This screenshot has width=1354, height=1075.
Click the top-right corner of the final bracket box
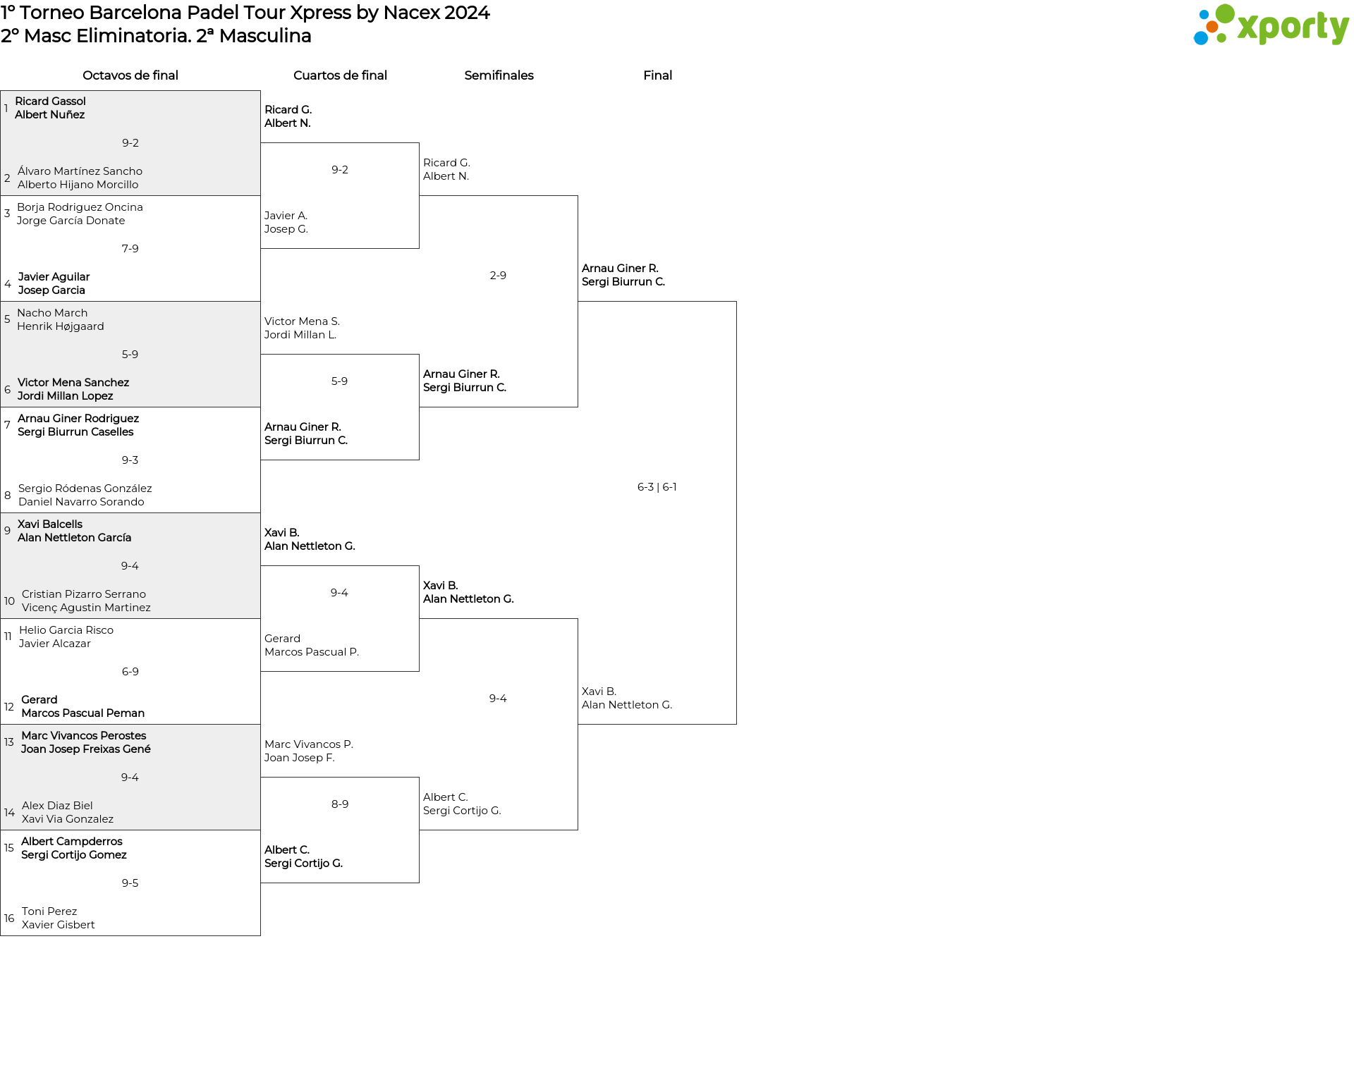736,302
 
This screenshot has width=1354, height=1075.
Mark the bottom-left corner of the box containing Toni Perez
1,935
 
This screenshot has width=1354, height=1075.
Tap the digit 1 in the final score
674,487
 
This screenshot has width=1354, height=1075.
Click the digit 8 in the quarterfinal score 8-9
334,804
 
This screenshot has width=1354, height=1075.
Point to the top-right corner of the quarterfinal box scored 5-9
419,355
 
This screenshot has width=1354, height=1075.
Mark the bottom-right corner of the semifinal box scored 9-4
578,830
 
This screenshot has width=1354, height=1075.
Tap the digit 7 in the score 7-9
125,249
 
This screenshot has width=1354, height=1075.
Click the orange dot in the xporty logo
1212,27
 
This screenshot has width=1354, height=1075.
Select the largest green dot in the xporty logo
1225,14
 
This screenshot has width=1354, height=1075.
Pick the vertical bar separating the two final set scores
658,487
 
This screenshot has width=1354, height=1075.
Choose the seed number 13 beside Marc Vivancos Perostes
9,742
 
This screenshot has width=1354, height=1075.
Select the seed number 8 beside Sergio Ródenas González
8,496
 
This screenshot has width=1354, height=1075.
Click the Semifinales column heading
499,75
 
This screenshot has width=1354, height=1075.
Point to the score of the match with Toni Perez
130,883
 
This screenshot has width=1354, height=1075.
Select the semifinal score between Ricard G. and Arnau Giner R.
498,276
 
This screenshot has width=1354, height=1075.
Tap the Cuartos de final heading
340,75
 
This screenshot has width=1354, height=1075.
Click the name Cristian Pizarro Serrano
84,594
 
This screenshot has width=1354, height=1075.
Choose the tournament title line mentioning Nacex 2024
245,13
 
